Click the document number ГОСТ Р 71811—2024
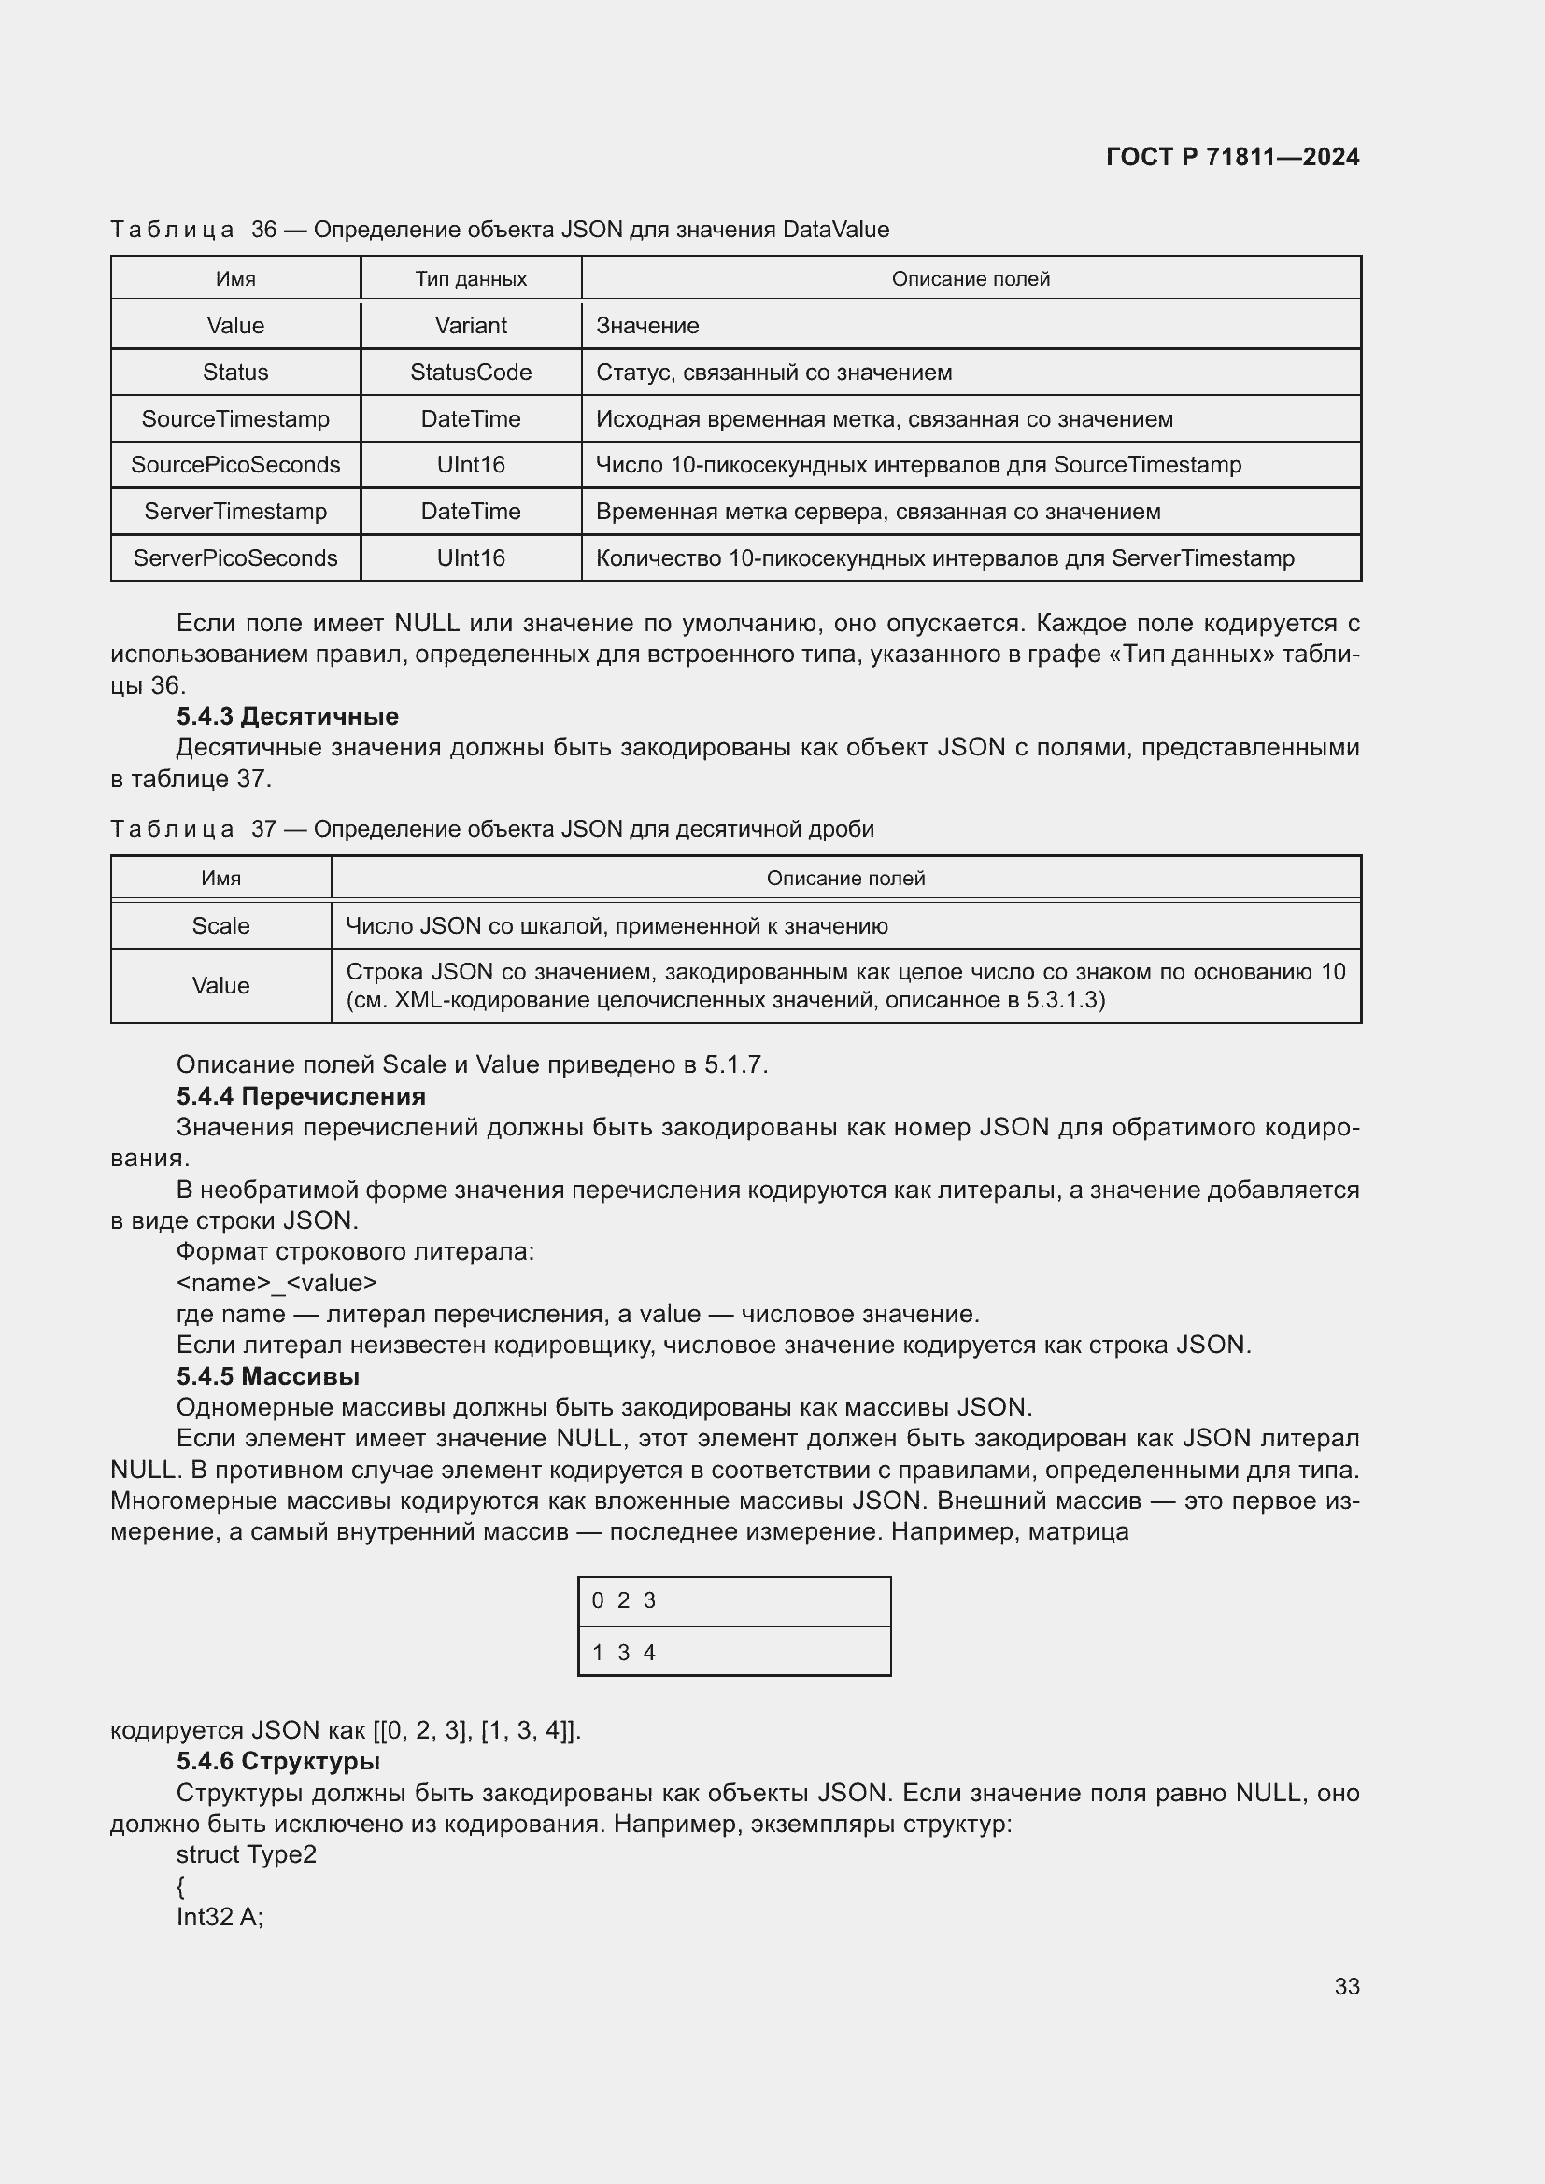[x=1232, y=157]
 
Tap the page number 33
[x=1346, y=1986]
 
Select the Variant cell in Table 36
[x=470, y=325]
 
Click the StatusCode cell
[x=470, y=372]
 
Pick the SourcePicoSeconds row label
[x=235, y=464]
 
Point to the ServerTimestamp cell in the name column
[x=235, y=511]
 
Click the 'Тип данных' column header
[x=470, y=278]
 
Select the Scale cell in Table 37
[x=220, y=925]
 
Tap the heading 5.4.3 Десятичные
[x=288, y=716]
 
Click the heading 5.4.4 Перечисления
[x=301, y=1096]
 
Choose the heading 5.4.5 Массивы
[x=267, y=1376]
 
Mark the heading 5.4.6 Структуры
[x=277, y=1761]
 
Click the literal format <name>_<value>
[x=276, y=1283]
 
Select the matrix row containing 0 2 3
[x=733, y=1601]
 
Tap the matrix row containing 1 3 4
[x=733, y=1653]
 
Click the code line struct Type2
[x=247, y=1854]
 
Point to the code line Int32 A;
[x=220, y=1917]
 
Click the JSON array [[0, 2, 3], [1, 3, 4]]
[x=476, y=1729]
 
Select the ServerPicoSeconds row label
[x=235, y=557]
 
